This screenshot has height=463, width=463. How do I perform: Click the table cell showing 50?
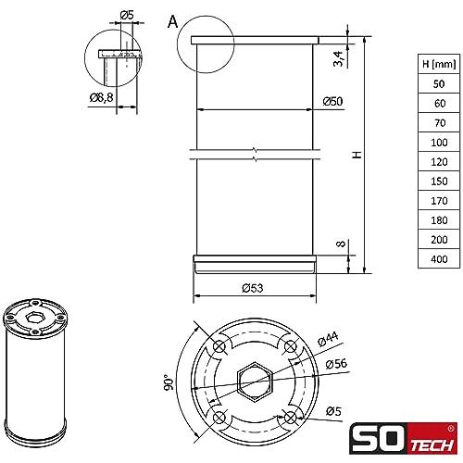(439, 83)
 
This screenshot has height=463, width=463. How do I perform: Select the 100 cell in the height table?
(439, 143)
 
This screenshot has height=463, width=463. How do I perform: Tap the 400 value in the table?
(439, 258)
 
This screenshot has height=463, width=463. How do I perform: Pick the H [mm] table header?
(439, 64)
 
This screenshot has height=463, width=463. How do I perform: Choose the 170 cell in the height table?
(439, 201)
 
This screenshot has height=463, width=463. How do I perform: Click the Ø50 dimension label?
(332, 101)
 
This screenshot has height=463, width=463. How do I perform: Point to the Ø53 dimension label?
(253, 288)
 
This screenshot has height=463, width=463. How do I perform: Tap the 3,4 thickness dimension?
(339, 58)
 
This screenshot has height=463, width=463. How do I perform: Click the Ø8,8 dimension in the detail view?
(101, 98)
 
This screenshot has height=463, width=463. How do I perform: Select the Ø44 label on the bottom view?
(328, 339)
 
